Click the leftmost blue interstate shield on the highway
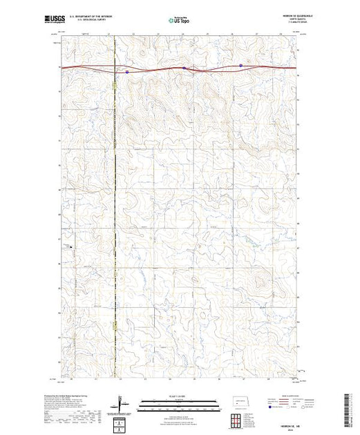click(127, 70)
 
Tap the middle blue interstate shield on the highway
click(185, 68)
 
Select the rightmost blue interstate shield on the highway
click(240, 66)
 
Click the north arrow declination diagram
click(122, 402)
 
